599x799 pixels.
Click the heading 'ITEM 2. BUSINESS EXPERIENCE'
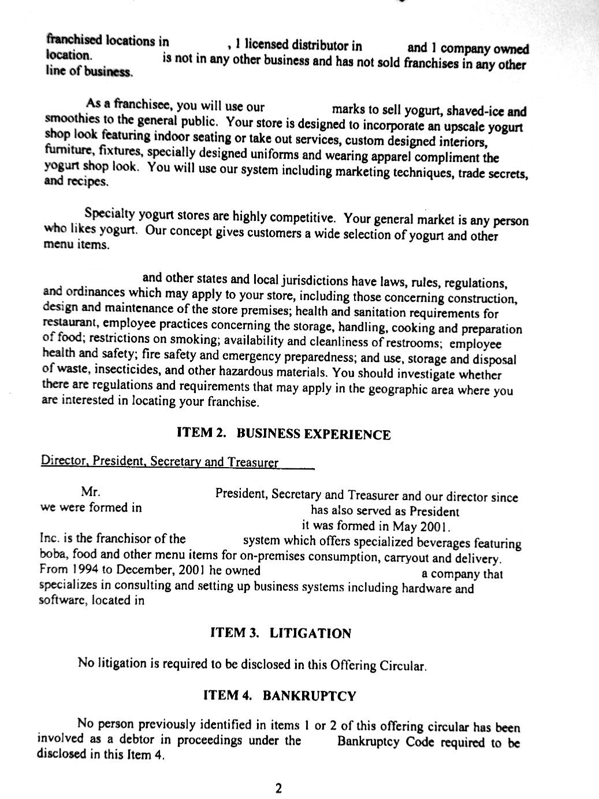pos(284,434)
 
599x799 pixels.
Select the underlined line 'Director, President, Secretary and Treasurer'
pos(160,463)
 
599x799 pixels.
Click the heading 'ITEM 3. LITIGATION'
pos(280,634)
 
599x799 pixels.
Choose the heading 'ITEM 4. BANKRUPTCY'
pos(280,696)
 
